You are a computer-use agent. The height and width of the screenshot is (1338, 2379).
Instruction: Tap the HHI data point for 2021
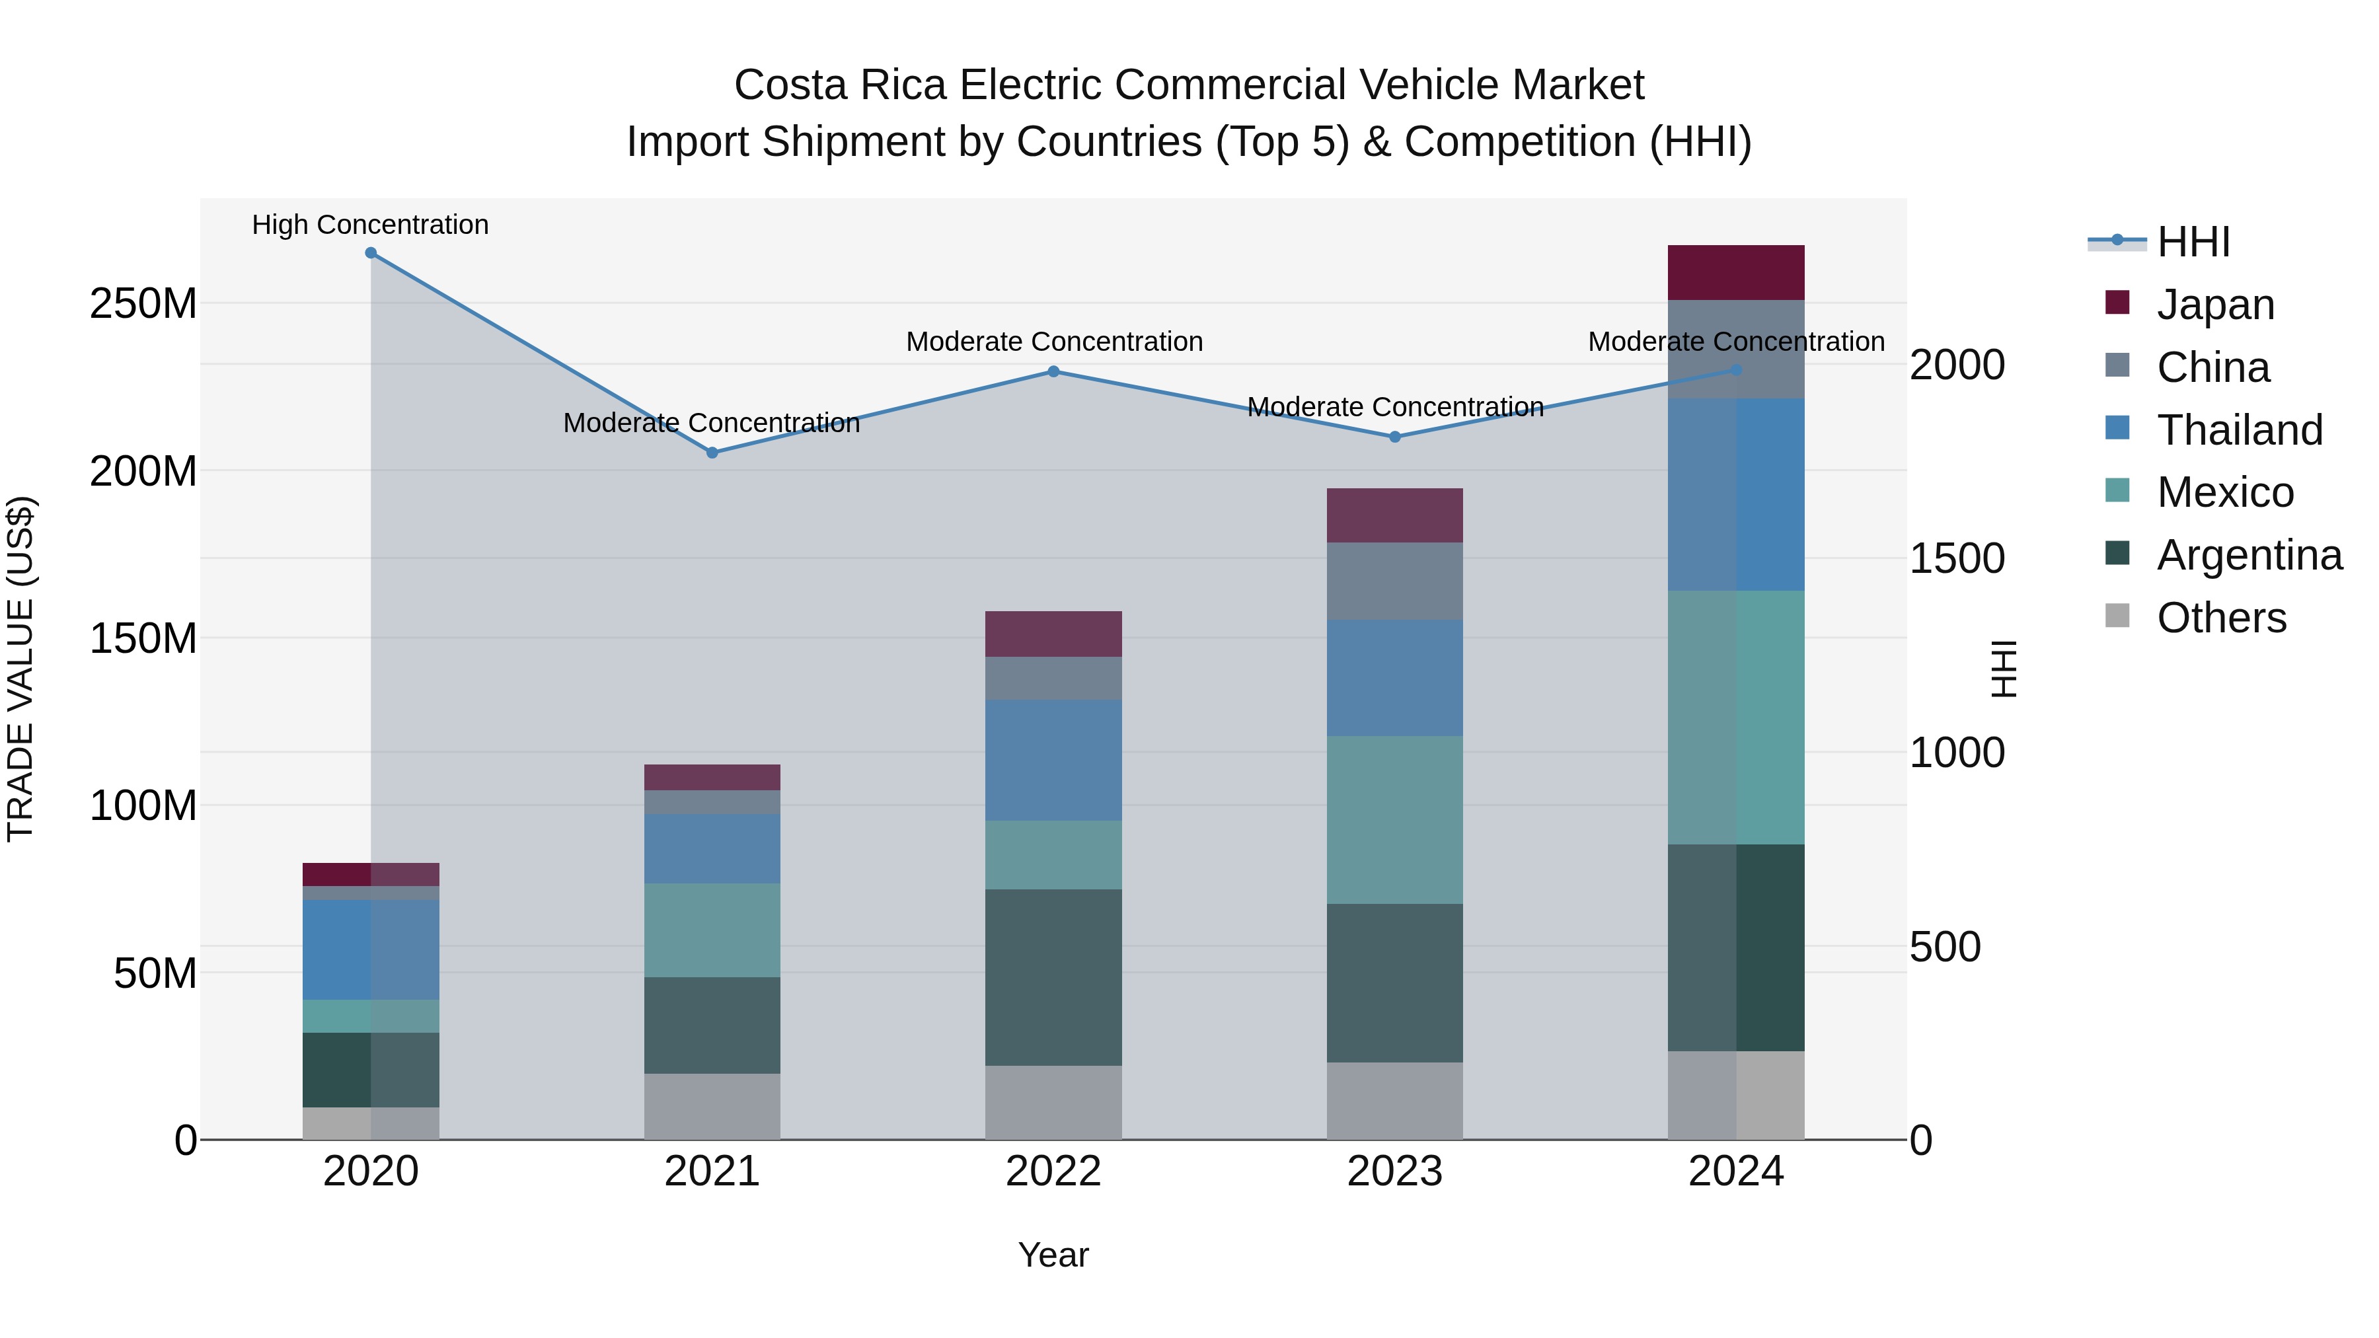click(712, 453)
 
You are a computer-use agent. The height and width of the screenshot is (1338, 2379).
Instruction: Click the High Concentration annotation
click(370, 225)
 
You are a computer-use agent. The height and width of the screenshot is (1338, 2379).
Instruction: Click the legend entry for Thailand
click(2240, 430)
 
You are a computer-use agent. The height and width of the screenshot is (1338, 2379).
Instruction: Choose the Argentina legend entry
click(2249, 556)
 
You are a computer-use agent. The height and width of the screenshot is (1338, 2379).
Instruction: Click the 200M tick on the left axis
click(143, 472)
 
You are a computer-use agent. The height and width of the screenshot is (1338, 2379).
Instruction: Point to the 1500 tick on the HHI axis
click(1956, 558)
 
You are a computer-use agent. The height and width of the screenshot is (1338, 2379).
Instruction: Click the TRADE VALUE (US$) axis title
click(20, 669)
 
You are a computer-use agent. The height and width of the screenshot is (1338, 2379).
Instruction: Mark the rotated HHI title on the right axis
click(2003, 669)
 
